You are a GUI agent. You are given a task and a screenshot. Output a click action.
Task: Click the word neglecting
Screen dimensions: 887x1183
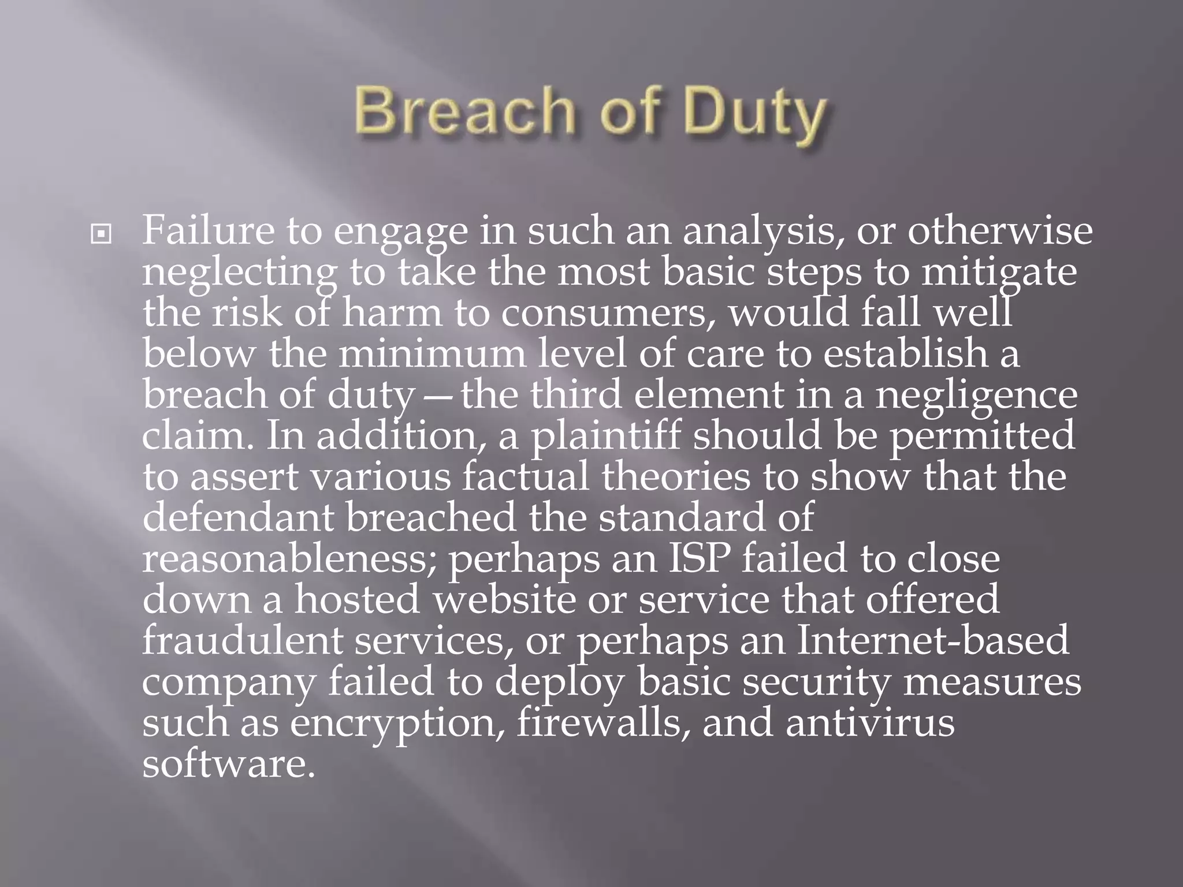tap(239, 273)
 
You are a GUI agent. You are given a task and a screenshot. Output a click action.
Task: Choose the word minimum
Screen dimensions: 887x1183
tap(432, 353)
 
